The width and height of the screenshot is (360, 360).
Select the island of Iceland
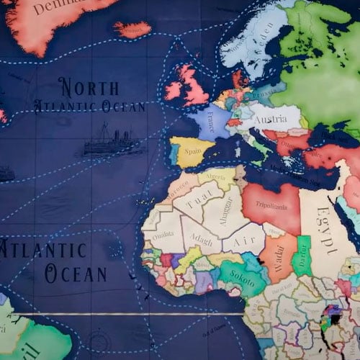(x=132, y=29)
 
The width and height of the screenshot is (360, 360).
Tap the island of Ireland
(x=173, y=90)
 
